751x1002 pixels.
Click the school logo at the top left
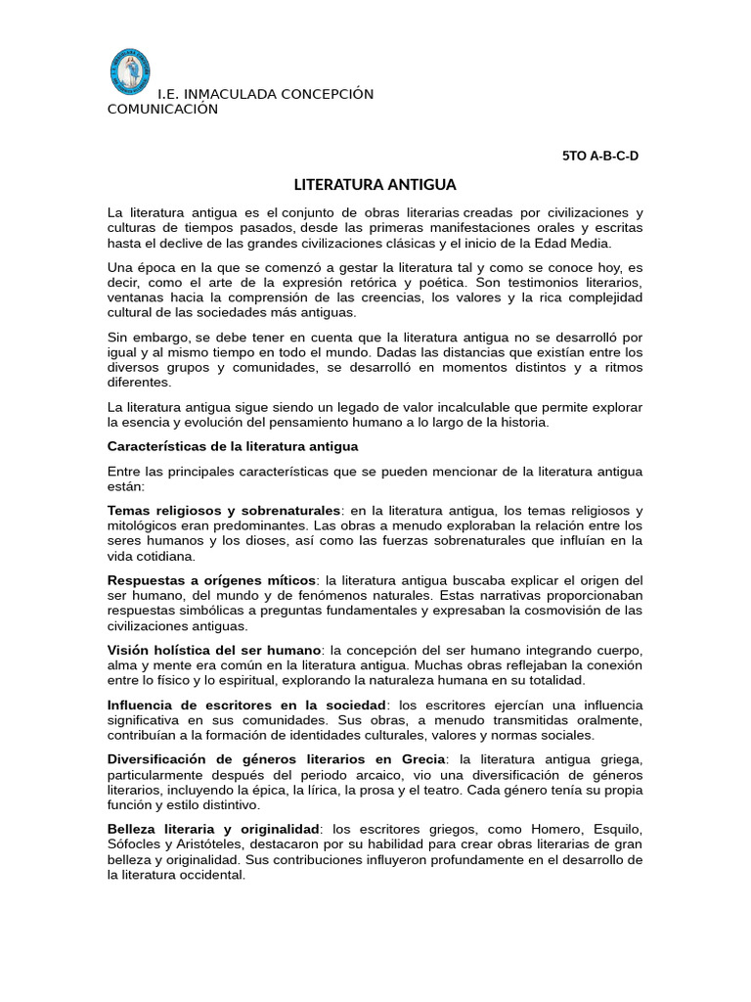[x=129, y=72]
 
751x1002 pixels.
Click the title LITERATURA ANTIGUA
[x=362, y=184]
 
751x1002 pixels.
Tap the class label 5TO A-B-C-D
[x=599, y=156]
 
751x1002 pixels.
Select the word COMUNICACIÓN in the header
[x=162, y=110]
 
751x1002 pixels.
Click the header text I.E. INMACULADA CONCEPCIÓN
[x=266, y=94]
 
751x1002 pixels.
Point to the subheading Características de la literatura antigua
[x=233, y=446]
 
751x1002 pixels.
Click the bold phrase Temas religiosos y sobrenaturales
[x=225, y=511]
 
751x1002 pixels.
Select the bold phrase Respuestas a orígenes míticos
[x=211, y=580]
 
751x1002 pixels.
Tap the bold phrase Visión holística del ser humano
[x=213, y=650]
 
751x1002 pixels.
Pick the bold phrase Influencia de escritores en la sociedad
[x=247, y=706]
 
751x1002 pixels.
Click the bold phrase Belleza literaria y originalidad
[x=213, y=829]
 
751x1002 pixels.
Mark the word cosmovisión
[x=572, y=610]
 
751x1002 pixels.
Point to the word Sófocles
[x=135, y=844]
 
